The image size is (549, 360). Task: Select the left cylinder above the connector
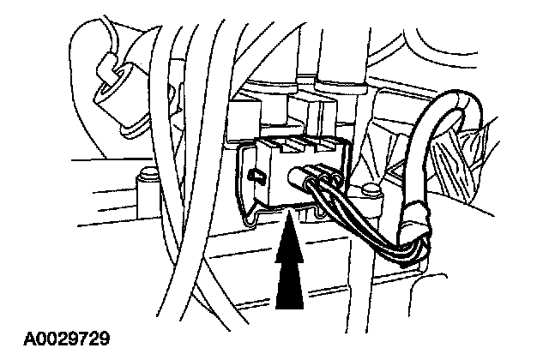tap(274, 86)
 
